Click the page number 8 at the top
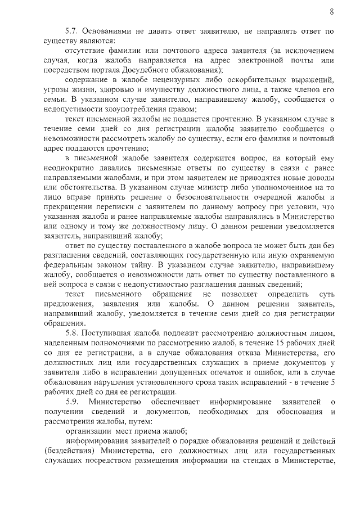click(x=332, y=11)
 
